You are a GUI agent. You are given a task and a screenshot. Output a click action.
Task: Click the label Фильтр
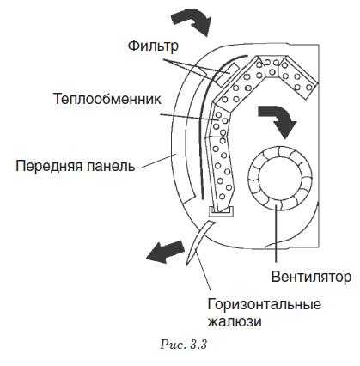click(x=153, y=46)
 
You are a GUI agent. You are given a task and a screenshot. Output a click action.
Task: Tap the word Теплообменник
click(x=107, y=99)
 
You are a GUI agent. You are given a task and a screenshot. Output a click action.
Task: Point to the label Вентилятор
click(x=311, y=277)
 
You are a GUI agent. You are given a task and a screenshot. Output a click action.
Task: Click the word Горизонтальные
click(x=264, y=304)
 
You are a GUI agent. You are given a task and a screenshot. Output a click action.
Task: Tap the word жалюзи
click(x=235, y=321)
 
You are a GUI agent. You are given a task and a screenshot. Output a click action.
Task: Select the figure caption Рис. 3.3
click(x=184, y=345)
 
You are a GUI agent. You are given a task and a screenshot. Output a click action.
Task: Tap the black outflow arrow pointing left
click(x=166, y=252)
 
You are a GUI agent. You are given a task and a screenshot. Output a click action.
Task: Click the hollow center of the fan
click(x=280, y=178)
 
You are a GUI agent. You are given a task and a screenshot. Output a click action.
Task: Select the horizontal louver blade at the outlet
click(x=199, y=242)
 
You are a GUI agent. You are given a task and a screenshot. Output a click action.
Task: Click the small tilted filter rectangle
click(x=227, y=75)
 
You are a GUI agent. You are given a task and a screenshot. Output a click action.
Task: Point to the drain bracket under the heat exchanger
click(x=221, y=211)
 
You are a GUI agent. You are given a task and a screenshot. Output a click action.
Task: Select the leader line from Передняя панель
click(x=159, y=161)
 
